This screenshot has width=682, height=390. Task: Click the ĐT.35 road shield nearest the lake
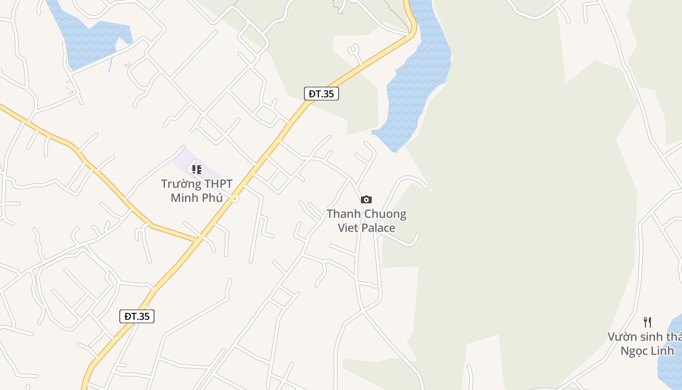click(x=322, y=94)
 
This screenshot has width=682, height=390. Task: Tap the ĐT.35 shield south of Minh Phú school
click(x=137, y=316)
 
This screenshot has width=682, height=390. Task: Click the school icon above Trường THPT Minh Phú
click(x=196, y=170)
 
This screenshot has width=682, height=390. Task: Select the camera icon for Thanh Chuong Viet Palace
click(x=366, y=199)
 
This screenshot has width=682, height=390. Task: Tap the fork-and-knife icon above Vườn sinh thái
click(x=647, y=322)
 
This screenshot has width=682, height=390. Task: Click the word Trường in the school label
click(x=181, y=184)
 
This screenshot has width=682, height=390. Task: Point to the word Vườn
click(x=621, y=337)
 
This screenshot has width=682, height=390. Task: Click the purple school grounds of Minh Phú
click(x=183, y=161)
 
